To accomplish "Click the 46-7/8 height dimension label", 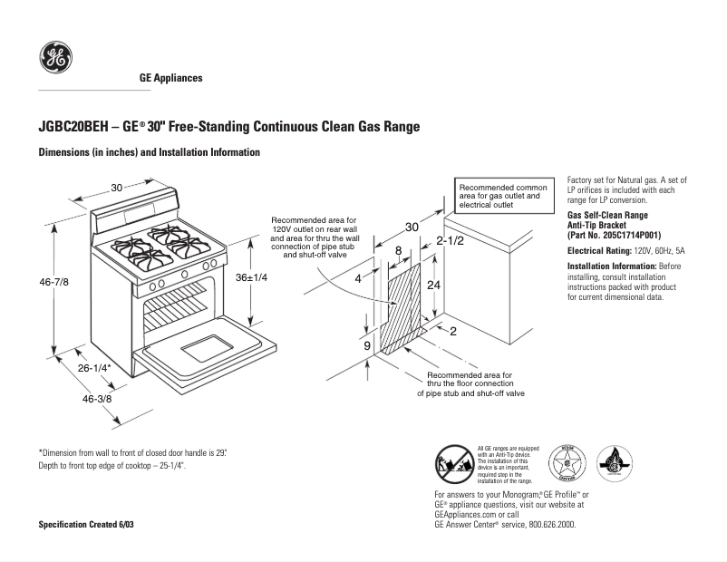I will [x=53, y=283].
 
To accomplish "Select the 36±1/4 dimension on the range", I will [x=251, y=276].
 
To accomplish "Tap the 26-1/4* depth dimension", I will [x=93, y=368].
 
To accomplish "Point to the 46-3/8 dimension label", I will [x=97, y=399].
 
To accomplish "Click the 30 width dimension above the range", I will [x=117, y=188].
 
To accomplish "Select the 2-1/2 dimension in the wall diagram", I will [x=450, y=241].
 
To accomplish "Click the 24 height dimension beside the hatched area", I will [x=434, y=285].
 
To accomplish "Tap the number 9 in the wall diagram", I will [x=367, y=345].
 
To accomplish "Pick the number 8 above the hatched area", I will [x=397, y=250].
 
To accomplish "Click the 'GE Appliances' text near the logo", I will [x=170, y=78].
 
